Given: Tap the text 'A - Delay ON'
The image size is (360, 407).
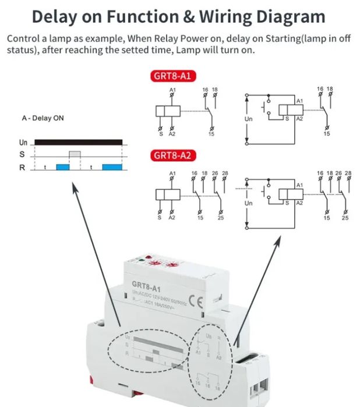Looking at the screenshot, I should coord(43,118).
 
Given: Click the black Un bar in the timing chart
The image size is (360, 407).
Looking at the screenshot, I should coord(78,141).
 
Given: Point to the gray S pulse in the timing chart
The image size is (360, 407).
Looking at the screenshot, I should coord(75,154).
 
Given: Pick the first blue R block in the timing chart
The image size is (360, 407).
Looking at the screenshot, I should coord(62,167).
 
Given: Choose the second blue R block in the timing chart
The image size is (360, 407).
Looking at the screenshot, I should coord(112,167).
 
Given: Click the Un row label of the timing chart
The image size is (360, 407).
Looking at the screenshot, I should coord(23,142).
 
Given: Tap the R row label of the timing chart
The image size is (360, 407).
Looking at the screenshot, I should coord(22,168).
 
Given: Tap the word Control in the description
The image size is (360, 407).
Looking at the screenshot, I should coord(23,38).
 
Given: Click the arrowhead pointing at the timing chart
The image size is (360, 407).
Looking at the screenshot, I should coord(73,187).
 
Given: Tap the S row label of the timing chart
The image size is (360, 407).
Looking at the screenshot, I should coord(22,155).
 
